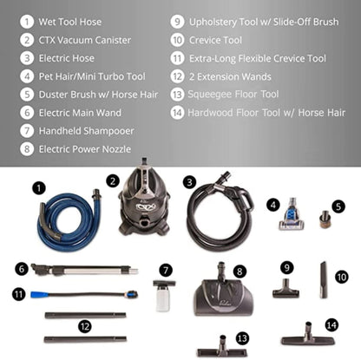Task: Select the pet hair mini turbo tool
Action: pos(292,214)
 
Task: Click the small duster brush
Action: pos(325,219)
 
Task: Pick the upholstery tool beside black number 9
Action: pos(286,289)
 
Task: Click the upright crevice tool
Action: pos(324,280)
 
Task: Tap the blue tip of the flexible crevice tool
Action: pos(40,295)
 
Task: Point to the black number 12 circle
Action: pos(85,327)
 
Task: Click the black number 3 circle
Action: pos(189,183)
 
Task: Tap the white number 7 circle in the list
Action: pos(27,131)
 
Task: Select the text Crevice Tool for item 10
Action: pos(215,40)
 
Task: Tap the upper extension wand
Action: pos(85,315)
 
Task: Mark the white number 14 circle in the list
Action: pos(177,113)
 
